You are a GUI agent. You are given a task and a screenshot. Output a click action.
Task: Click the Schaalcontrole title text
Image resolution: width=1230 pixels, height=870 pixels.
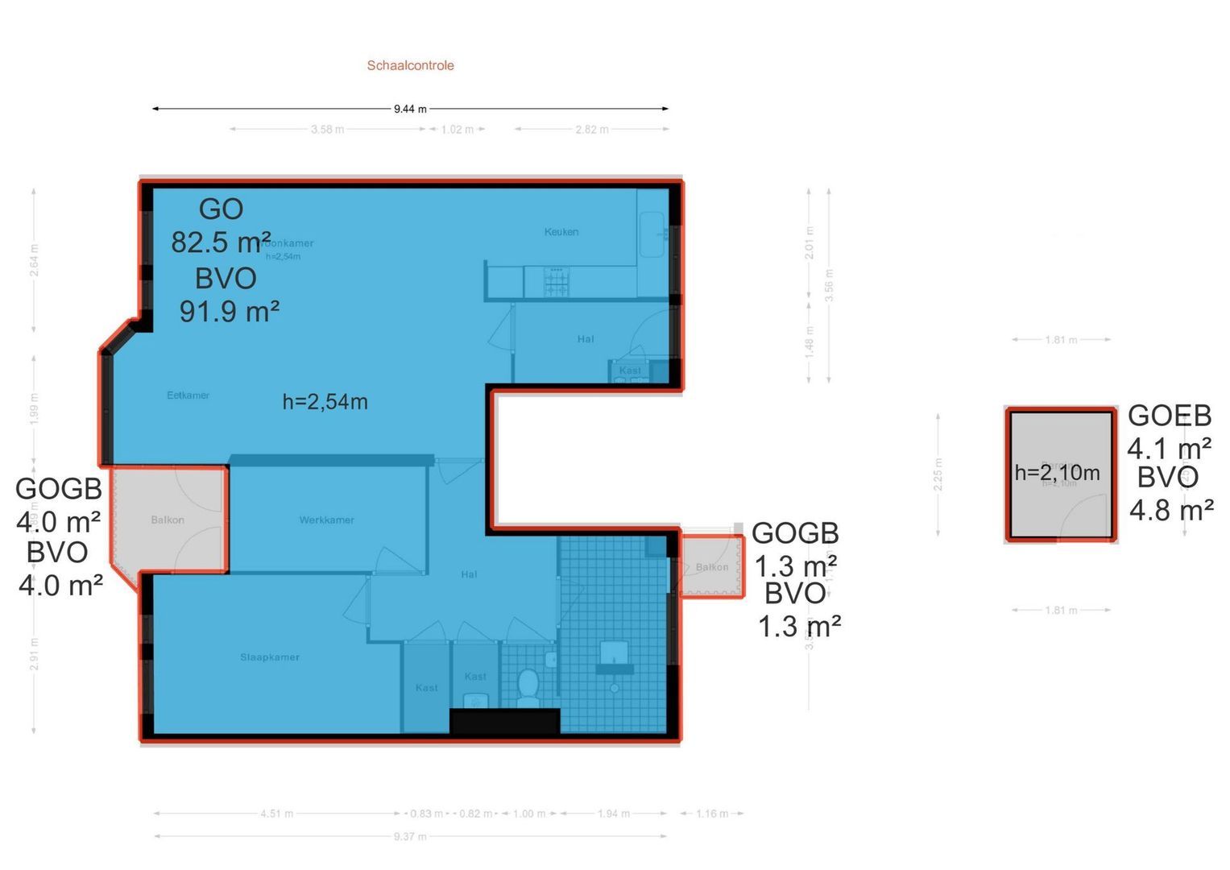(x=410, y=65)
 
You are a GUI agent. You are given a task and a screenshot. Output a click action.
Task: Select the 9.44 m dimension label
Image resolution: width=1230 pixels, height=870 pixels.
(x=410, y=109)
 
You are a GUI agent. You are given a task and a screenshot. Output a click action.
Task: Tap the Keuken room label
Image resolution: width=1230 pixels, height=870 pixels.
(x=561, y=232)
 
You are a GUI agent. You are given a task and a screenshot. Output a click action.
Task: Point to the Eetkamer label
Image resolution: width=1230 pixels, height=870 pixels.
(x=188, y=396)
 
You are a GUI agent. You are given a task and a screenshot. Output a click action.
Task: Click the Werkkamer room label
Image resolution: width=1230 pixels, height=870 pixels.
(x=326, y=520)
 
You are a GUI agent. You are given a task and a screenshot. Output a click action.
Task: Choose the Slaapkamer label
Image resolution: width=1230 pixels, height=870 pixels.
(x=270, y=657)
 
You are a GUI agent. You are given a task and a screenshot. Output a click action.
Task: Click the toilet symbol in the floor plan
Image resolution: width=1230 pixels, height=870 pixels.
(x=528, y=686)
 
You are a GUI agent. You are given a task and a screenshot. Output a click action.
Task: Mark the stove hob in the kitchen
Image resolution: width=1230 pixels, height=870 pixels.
(x=557, y=282)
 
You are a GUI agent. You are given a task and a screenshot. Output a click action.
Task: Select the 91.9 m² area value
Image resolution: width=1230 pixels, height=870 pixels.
(x=229, y=311)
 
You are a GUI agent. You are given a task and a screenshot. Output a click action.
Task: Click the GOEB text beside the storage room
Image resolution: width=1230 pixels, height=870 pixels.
(x=1169, y=416)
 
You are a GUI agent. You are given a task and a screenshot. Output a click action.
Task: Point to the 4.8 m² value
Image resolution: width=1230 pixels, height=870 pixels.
(x=1171, y=510)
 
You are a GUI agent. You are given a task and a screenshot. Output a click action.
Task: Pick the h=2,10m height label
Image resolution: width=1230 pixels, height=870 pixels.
(x=1057, y=473)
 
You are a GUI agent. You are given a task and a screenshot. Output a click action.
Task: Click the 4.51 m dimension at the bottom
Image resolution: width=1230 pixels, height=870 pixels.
(x=276, y=814)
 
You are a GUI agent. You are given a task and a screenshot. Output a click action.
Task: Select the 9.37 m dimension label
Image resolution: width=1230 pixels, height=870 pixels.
(x=410, y=837)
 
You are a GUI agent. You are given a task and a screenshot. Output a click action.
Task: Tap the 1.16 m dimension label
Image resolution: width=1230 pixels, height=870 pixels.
(x=712, y=814)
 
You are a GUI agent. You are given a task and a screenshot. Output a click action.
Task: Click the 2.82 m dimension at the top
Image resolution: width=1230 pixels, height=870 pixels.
(x=592, y=130)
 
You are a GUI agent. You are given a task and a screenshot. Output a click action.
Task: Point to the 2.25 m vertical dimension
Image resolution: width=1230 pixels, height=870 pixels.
(x=938, y=474)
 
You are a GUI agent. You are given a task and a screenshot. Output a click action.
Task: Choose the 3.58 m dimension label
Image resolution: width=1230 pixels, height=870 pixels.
(x=327, y=130)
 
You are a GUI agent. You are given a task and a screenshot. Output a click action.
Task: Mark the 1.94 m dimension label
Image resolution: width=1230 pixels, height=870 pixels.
(x=614, y=814)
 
